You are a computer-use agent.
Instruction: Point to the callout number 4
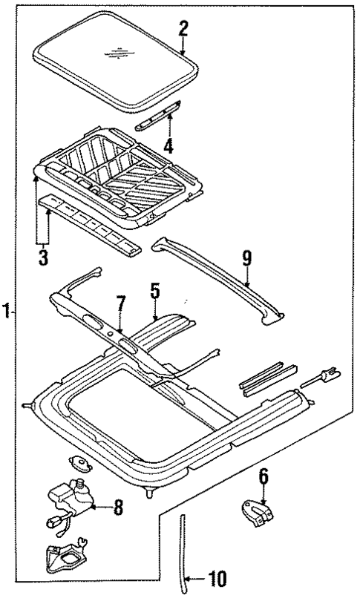pyautogui.click(x=169, y=145)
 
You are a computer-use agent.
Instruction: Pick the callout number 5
pyautogui.click(x=154, y=291)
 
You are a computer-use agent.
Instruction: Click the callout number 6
pyautogui.click(x=263, y=476)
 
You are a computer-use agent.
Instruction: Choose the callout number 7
pyautogui.click(x=120, y=305)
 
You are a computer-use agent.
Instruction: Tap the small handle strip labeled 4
pyautogui.click(x=157, y=116)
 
